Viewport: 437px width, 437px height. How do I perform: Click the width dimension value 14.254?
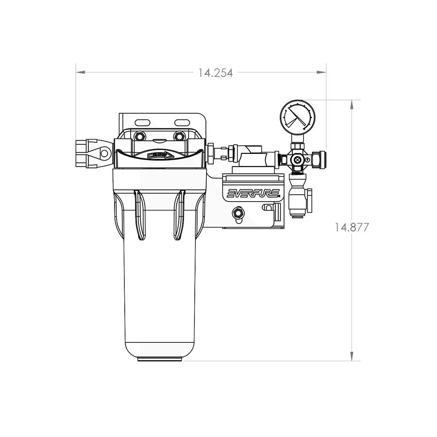(x=215, y=73)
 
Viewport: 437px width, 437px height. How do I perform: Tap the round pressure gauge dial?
(x=297, y=118)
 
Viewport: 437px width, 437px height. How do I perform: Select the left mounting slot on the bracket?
(x=142, y=121)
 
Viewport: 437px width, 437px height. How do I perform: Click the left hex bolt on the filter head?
(x=140, y=135)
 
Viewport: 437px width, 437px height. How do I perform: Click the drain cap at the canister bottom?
(x=160, y=359)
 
